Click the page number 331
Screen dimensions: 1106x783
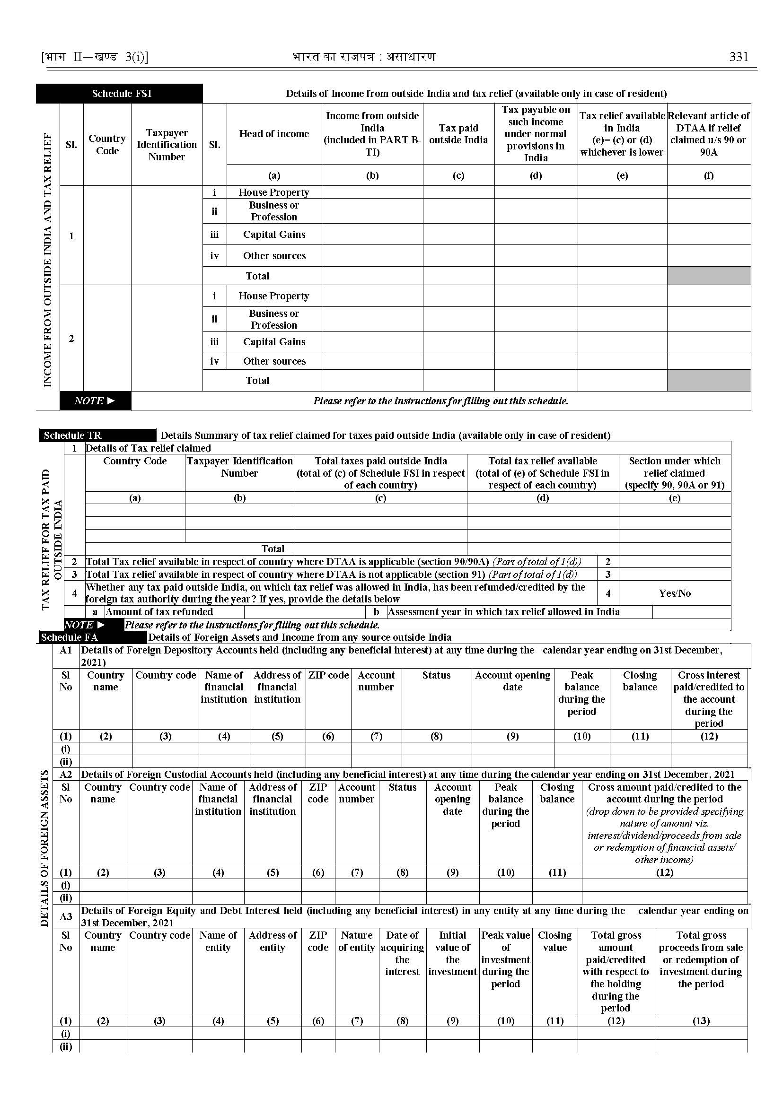coord(739,57)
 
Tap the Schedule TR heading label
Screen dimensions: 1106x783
coord(73,435)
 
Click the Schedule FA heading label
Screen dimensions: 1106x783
coord(70,637)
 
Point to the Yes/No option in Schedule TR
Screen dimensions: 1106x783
coord(675,593)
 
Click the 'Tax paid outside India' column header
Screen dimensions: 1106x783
coord(458,134)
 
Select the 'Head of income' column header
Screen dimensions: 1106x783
coord(274,134)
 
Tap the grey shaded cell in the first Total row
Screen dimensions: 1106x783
coord(709,276)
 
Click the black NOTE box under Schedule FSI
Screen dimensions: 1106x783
coord(95,401)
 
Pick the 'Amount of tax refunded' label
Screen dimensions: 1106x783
coord(159,612)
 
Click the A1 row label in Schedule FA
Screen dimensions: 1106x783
coord(66,650)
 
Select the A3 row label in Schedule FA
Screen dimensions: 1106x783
coord(66,916)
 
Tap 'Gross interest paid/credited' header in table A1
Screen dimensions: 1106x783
coord(709,698)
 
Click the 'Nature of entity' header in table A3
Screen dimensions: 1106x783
coord(356,941)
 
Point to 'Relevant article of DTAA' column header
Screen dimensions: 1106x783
coord(709,134)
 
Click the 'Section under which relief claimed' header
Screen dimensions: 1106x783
coord(675,473)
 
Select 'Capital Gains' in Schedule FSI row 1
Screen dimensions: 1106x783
coord(274,235)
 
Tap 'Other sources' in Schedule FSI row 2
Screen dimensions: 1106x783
coord(274,361)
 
